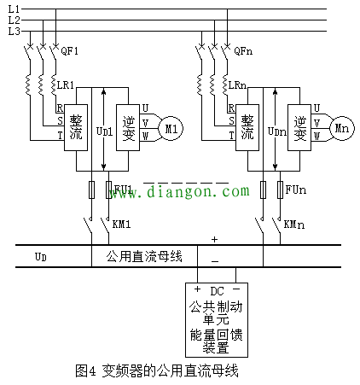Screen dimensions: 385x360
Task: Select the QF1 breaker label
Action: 71,51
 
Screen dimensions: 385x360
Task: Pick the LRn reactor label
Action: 240,86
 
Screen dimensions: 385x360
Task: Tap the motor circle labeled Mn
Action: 343,128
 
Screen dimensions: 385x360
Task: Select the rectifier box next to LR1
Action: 77,128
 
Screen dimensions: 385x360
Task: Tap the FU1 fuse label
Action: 123,188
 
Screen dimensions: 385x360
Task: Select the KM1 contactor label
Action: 121,224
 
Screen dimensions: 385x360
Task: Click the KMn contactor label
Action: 293,224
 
